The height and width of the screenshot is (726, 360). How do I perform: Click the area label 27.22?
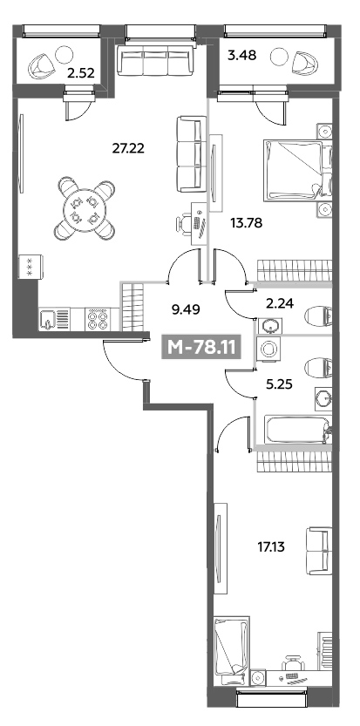pyautogui.click(x=128, y=148)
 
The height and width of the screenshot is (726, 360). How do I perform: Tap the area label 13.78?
pyautogui.click(x=247, y=223)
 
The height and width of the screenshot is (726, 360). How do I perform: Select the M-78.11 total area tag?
pyautogui.click(x=201, y=347)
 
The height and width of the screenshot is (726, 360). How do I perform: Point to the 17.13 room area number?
pyautogui.click(x=271, y=547)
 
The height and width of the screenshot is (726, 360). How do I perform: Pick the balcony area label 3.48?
pyautogui.click(x=241, y=55)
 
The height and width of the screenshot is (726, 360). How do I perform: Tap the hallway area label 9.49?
pyautogui.click(x=186, y=309)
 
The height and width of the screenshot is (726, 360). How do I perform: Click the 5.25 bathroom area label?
pyautogui.click(x=279, y=383)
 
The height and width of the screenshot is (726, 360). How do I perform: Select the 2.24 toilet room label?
pyautogui.click(x=279, y=303)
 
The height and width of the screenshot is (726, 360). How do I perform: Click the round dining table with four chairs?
pyautogui.click(x=85, y=209)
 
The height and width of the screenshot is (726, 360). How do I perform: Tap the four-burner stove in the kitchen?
pyautogui.click(x=97, y=320)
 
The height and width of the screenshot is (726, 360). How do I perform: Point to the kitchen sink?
pyautogui.click(x=54, y=320)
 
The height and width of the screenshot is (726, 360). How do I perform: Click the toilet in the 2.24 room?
pyautogui.click(x=319, y=317)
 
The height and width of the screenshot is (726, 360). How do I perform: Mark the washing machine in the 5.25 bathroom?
pyautogui.click(x=267, y=350)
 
